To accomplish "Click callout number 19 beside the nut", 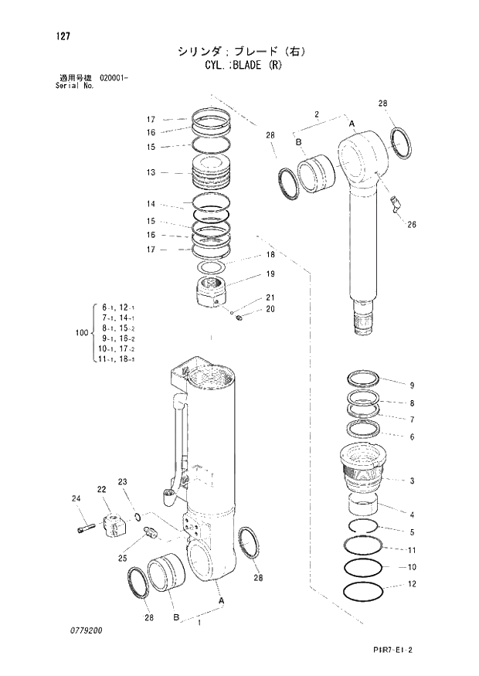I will [x=270, y=274].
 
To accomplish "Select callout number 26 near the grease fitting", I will [x=411, y=226].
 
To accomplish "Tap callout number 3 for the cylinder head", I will [x=412, y=481].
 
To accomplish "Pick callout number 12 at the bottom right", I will [x=412, y=585].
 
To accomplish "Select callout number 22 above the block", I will [x=101, y=489].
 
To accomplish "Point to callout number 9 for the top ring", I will [x=412, y=386].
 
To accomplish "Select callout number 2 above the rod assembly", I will [x=317, y=115].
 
